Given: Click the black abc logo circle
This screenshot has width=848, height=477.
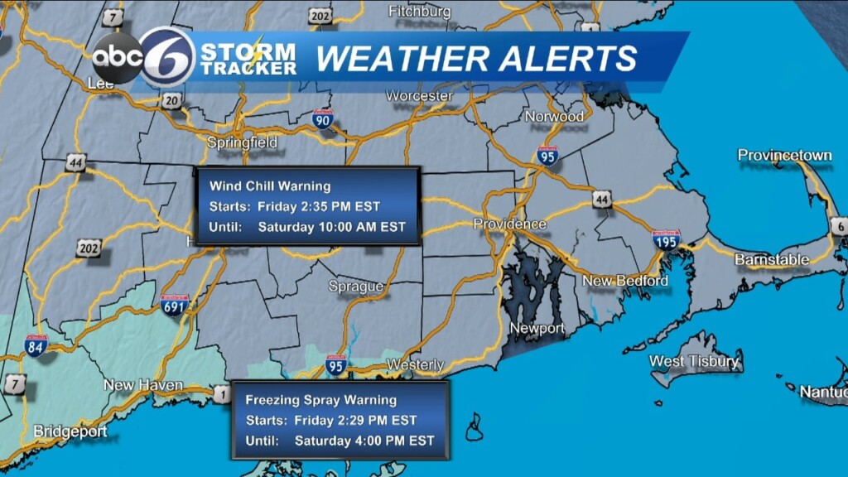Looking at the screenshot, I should (117, 59).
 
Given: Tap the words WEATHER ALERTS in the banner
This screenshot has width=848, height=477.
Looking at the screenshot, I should (477, 59).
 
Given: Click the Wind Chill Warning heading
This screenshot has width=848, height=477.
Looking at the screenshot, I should (270, 185).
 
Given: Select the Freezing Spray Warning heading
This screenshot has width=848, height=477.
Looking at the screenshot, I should (320, 400).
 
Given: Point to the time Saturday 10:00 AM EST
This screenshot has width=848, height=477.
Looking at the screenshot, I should (332, 227).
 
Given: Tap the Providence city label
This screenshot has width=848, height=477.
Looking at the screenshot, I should (509, 224).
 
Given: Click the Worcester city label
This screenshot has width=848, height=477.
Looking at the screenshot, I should (419, 96).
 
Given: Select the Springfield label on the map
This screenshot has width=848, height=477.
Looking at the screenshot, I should (242, 142).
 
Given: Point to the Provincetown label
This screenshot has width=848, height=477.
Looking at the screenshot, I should (784, 156).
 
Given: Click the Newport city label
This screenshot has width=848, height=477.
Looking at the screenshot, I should (537, 329).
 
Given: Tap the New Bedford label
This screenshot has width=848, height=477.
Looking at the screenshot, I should (625, 282).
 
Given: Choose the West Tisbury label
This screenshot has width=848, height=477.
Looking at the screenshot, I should (694, 361).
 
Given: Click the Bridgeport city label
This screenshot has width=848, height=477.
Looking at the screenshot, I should (70, 431).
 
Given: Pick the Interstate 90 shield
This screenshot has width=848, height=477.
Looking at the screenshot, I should (324, 120).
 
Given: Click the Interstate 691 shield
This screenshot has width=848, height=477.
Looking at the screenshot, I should (175, 306).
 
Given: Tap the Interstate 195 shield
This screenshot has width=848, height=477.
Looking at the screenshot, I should (666, 240).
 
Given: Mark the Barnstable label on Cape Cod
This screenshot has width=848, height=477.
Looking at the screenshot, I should (772, 260).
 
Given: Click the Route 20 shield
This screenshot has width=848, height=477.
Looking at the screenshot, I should (171, 101).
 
